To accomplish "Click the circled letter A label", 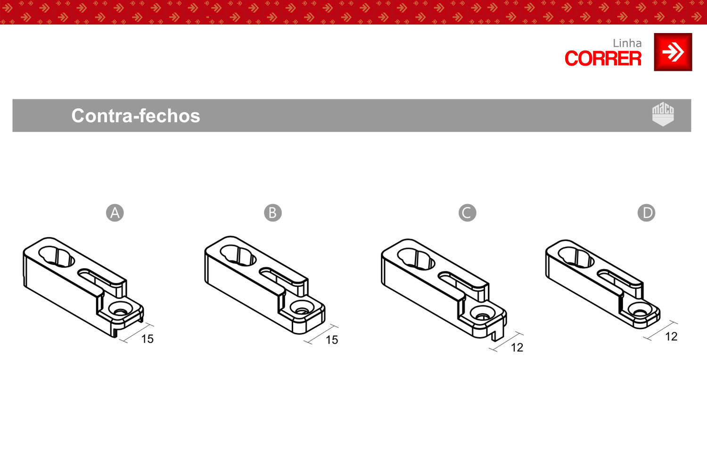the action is [x=115, y=213].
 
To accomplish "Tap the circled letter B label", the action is [x=273, y=213].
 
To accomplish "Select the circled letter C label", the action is [x=467, y=213].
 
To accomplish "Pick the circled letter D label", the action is [x=646, y=213].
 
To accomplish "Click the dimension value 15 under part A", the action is [x=148, y=339].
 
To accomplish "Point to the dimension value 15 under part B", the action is [x=332, y=340].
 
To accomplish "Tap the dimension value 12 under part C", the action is [x=517, y=348].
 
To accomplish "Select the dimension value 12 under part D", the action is [x=671, y=337].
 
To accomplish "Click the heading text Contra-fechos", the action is [x=136, y=116].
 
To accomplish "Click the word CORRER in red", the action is [x=603, y=59].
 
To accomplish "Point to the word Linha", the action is [x=627, y=43].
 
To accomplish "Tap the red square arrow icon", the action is [x=673, y=52].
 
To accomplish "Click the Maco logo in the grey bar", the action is [x=663, y=114].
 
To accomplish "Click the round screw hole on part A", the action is [x=120, y=309].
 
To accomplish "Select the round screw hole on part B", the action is [x=302, y=307].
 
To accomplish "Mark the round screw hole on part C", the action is [x=482, y=313].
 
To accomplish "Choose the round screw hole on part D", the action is [x=640, y=310].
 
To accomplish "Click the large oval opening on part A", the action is [x=57, y=257].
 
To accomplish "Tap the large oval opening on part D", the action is [x=576, y=258].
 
